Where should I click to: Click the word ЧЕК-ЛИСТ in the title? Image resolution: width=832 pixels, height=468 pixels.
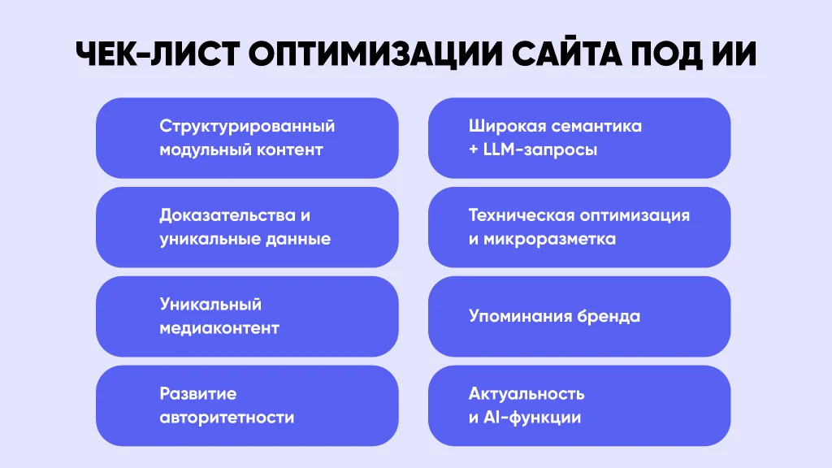pos(157,54)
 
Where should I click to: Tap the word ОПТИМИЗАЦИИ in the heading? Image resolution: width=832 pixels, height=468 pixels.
pos(375,55)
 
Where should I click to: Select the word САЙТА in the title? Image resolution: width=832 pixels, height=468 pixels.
pos(566,54)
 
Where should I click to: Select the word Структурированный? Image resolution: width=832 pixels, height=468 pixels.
pos(247,126)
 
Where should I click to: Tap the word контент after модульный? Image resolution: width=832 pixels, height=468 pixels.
pos(290,150)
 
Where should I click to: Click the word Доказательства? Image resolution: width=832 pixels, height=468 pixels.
pos(227,216)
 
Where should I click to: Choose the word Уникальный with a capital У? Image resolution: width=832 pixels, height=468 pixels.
pos(210,305)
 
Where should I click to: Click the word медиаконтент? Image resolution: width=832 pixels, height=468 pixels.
pos(219,328)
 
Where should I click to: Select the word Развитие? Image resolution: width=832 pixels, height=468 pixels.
pos(198,394)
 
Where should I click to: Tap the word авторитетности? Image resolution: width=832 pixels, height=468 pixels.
pos(227,418)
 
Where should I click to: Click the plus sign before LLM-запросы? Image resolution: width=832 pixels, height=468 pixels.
pos(474,149)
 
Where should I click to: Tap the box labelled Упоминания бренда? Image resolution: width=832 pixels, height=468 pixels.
pos(579,316)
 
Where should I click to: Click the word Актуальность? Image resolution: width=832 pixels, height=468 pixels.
pos(526,394)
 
